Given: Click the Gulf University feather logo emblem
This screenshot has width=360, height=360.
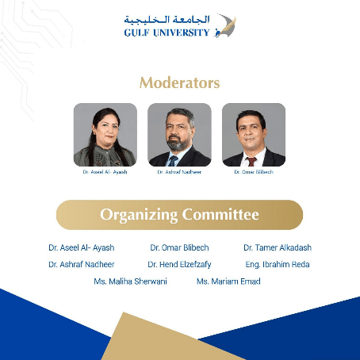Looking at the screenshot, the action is click(225, 25).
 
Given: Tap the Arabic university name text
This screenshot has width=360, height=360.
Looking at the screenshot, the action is click(167, 20).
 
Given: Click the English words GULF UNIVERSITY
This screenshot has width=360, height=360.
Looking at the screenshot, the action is click(167, 33).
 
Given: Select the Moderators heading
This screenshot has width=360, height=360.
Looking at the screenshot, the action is click(180, 82).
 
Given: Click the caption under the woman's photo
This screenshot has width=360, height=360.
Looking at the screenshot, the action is click(105, 172).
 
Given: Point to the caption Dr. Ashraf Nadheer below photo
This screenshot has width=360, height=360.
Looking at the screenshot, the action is click(179, 172).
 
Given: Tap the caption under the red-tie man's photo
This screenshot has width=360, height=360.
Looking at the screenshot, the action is click(254, 172).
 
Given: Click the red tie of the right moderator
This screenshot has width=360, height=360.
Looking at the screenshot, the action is click(251, 162).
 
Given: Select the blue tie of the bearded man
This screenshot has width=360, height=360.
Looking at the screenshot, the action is click(173, 161).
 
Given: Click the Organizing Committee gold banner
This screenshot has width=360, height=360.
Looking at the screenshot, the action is click(179, 215).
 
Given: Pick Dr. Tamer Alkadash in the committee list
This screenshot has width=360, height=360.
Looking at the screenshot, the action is click(278, 247).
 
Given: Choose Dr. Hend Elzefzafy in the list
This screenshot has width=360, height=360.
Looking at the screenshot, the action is click(179, 264).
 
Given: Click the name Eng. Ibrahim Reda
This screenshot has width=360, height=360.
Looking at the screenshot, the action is click(278, 264).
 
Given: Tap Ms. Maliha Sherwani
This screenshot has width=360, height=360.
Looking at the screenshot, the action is click(130, 281).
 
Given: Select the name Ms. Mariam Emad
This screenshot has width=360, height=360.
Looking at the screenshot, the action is click(228, 281).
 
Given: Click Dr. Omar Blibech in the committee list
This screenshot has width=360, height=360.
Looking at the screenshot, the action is click(179, 247).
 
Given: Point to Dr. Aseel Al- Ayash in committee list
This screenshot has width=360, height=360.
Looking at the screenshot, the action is click(82, 247).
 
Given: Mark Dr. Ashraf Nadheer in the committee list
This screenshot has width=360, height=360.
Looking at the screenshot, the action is click(82, 264).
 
